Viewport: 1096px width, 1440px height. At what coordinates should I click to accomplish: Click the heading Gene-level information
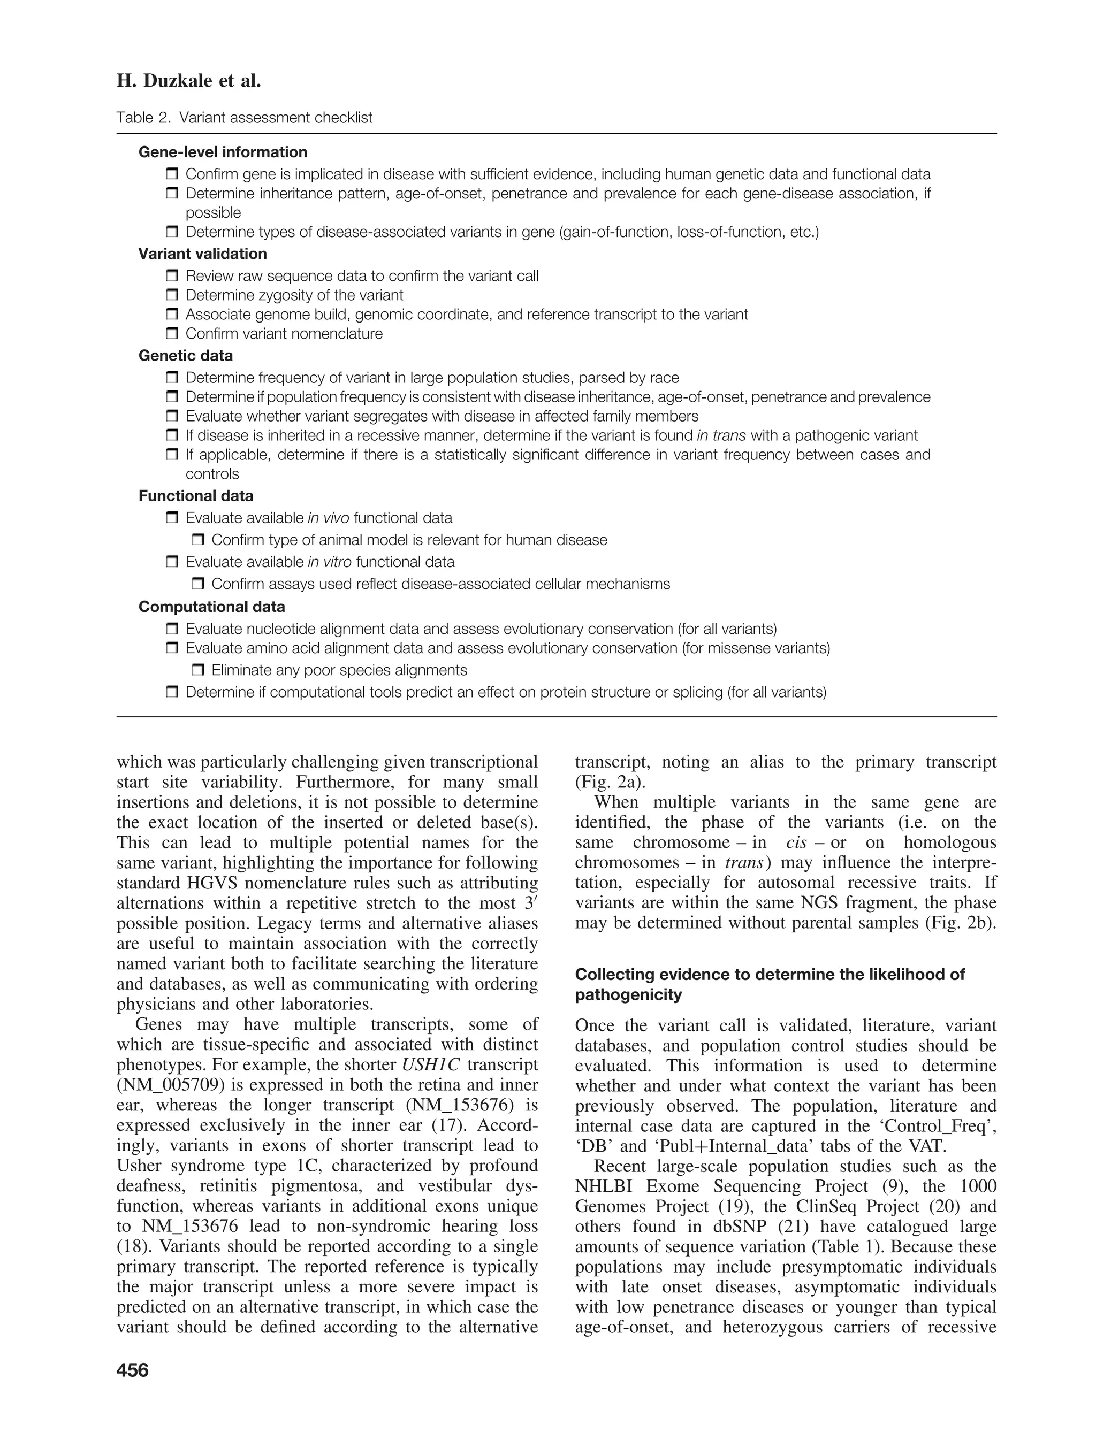223,152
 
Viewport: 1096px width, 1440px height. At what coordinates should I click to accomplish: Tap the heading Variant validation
202,254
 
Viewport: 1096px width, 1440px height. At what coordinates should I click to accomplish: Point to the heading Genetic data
185,355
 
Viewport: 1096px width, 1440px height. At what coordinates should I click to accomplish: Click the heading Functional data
196,496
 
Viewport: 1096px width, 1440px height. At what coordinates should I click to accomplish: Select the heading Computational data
211,607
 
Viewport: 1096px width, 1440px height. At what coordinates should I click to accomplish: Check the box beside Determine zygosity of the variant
172,295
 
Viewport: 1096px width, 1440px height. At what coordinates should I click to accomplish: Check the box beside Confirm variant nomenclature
172,333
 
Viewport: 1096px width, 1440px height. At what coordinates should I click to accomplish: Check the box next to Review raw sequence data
172,276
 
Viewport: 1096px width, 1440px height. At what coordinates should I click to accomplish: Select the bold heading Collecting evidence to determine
770,974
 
